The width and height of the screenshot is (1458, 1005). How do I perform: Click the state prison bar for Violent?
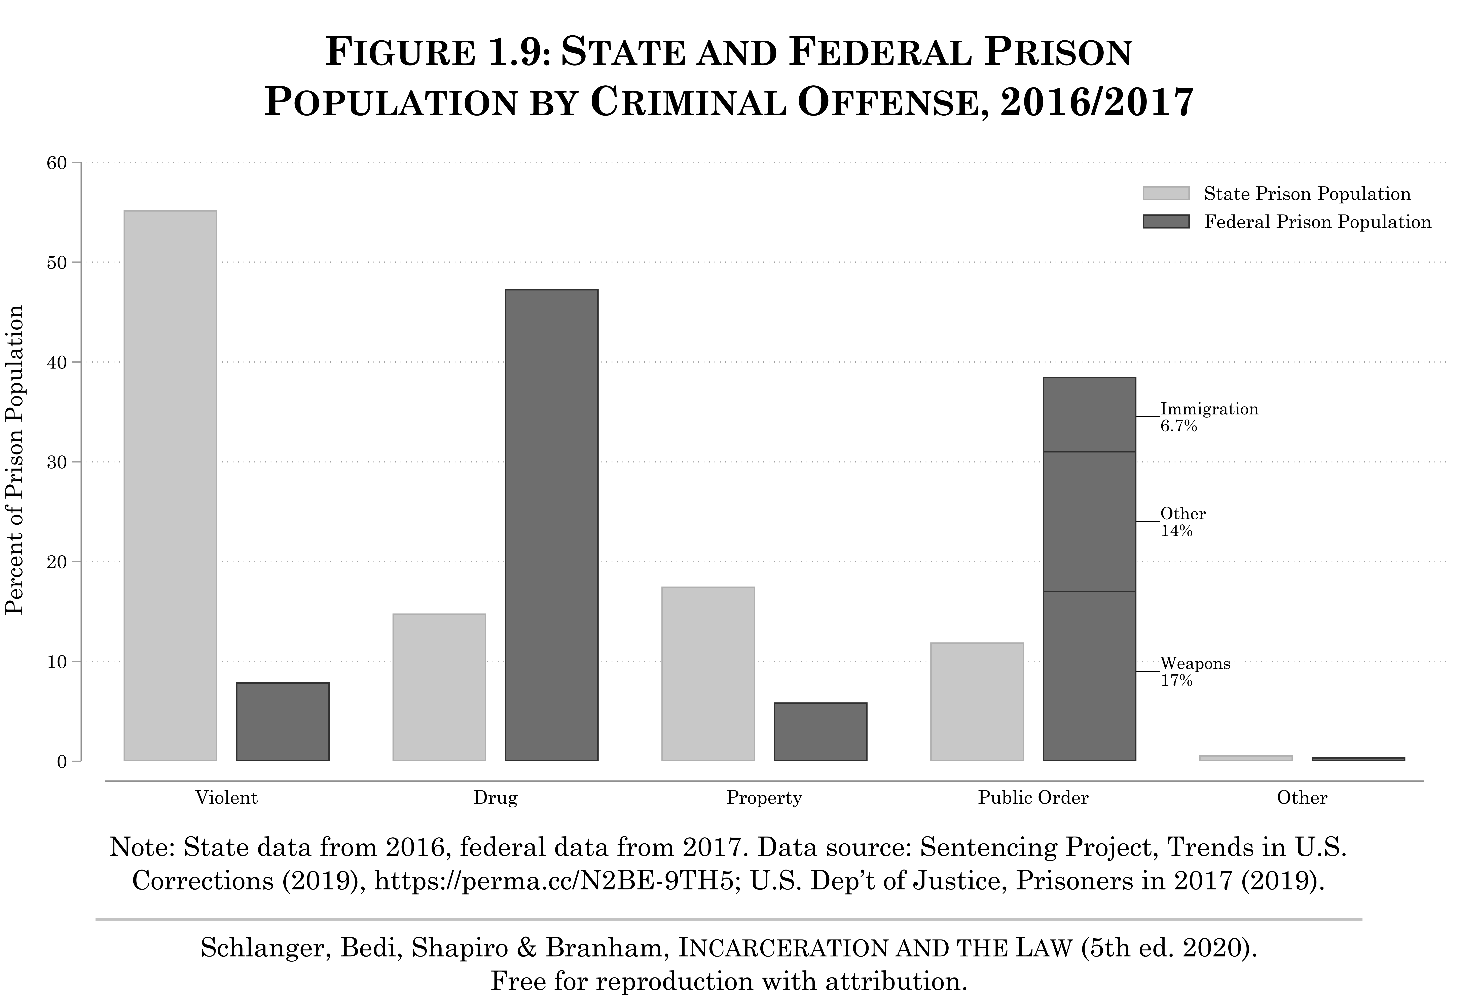tap(170, 485)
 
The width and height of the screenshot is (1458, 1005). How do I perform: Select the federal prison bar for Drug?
tap(551, 525)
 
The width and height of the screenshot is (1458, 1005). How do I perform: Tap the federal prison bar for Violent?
tap(282, 722)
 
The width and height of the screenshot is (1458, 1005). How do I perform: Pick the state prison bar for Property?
tap(707, 674)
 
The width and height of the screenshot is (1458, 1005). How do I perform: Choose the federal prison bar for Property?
tap(820, 732)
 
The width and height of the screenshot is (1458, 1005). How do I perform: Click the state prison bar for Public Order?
tap(977, 701)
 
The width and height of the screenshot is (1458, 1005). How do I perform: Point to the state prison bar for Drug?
tap(439, 687)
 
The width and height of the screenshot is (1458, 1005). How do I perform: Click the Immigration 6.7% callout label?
tap(1208, 417)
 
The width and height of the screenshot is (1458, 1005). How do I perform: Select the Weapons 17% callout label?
tap(1195, 671)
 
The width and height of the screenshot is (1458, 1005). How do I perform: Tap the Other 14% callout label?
tap(1183, 521)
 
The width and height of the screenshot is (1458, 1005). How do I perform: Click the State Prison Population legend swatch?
tap(1166, 193)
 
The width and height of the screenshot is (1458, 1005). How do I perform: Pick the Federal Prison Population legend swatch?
tap(1166, 222)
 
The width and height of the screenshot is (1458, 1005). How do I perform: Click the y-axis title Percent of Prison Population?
tap(14, 460)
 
